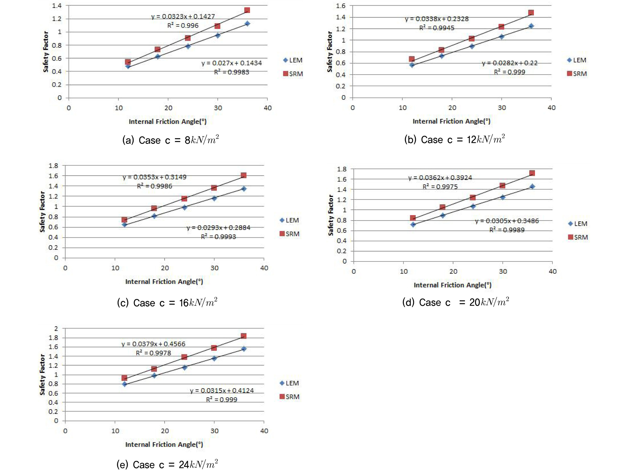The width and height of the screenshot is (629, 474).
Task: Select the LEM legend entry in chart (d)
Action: pos(577,224)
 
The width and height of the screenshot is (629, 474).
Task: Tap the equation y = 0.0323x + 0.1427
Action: pos(183,16)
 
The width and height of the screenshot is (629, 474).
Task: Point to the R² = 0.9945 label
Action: pos(437,28)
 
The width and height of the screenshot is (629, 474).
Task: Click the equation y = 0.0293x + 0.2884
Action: pos(218,228)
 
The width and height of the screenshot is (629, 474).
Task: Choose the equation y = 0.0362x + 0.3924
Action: pos(440,178)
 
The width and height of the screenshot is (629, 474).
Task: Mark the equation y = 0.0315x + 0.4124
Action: pos(222,391)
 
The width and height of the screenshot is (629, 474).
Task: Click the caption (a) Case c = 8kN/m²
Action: pos(171,140)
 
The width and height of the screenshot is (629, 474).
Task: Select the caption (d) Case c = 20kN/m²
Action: pos(456,302)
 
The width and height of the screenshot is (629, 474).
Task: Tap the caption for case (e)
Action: pos(167,465)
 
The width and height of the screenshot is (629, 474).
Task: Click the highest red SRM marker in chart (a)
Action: pos(247,10)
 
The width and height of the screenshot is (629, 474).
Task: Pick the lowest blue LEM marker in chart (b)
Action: pos(412,65)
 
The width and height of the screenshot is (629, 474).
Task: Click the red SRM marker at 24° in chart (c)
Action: pos(184,198)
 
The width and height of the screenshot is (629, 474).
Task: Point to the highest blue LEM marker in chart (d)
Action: pos(532,186)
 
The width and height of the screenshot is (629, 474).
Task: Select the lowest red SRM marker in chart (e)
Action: pos(124,378)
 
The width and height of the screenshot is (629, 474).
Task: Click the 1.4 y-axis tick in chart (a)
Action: pos(57,5)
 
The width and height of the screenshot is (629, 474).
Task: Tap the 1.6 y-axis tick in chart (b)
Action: pos(341,6)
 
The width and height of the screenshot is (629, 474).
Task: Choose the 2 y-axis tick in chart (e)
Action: pos(56,329)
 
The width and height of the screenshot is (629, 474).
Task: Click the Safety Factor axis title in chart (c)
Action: pos(42,212)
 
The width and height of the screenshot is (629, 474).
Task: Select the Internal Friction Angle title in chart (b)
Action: pos(451,121)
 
